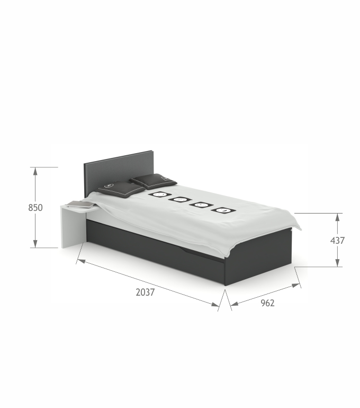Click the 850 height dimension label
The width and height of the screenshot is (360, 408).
click(35, 208)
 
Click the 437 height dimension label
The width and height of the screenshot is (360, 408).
click(337, 241)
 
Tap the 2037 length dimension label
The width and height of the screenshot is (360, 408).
click(145, 292)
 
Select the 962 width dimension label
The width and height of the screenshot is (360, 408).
click(267, 303)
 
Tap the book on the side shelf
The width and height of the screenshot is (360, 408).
click(80, 205)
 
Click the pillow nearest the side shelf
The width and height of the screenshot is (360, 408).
click(121, 189)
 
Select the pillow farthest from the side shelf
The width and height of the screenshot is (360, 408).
click(153, 181)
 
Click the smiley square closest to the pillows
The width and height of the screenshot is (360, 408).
click(160, 194)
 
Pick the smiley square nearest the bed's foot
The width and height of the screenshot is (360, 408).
click(223, 210)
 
